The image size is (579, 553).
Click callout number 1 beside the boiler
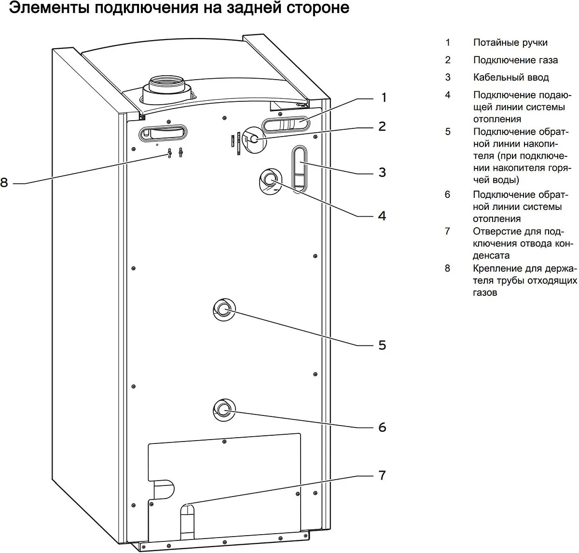[x=384, y=98]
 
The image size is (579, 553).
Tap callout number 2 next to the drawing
[x=382, y=127]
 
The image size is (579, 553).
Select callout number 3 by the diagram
[x=382, y=172]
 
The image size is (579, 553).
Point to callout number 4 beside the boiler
[x=382, y=216]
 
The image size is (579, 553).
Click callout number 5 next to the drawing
[x=382, y=346]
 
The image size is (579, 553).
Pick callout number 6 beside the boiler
[x=382, y=428]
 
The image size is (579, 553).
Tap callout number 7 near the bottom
[x=382, y=476]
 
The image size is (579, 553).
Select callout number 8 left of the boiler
[x=4, y=183]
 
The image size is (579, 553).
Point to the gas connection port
[x=253, y=139]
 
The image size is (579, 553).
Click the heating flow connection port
[x=268, y=180]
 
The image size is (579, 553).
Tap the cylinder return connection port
[x=222, y=308]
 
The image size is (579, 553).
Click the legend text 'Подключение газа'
[x=515, y=60]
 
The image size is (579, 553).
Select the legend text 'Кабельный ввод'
[x=510, y=77]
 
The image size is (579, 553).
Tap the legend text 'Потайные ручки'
[x=510, y=43]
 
